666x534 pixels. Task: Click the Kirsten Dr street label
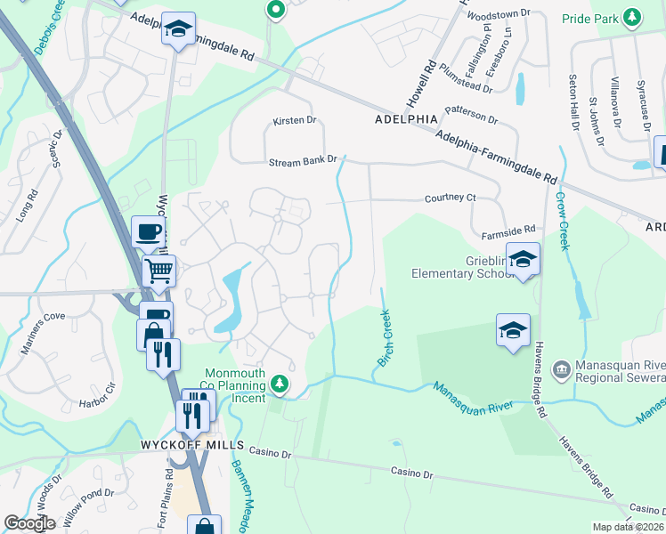click(295, 120)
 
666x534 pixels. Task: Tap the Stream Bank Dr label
click(304, 161)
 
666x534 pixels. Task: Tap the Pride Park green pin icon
click(632, 17)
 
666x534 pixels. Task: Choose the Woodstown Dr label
click(498, 15)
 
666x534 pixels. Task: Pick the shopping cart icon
click(158, 269)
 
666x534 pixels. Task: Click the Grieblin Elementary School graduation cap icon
click(524, 258)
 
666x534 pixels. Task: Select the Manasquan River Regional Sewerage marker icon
click(561, 368)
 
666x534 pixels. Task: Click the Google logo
click(29, 523)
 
